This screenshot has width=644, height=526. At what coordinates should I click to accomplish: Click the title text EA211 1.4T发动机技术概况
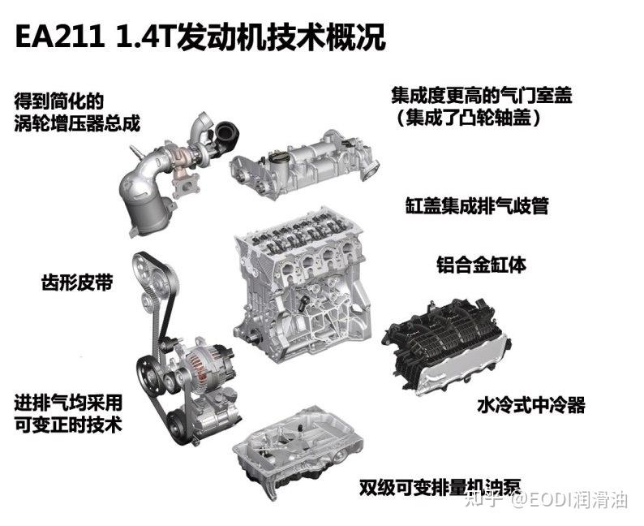pyautogui.click(x=200, y=36)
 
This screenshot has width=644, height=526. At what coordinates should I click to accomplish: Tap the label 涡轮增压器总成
pyautogui.click(x=77, y=123)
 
